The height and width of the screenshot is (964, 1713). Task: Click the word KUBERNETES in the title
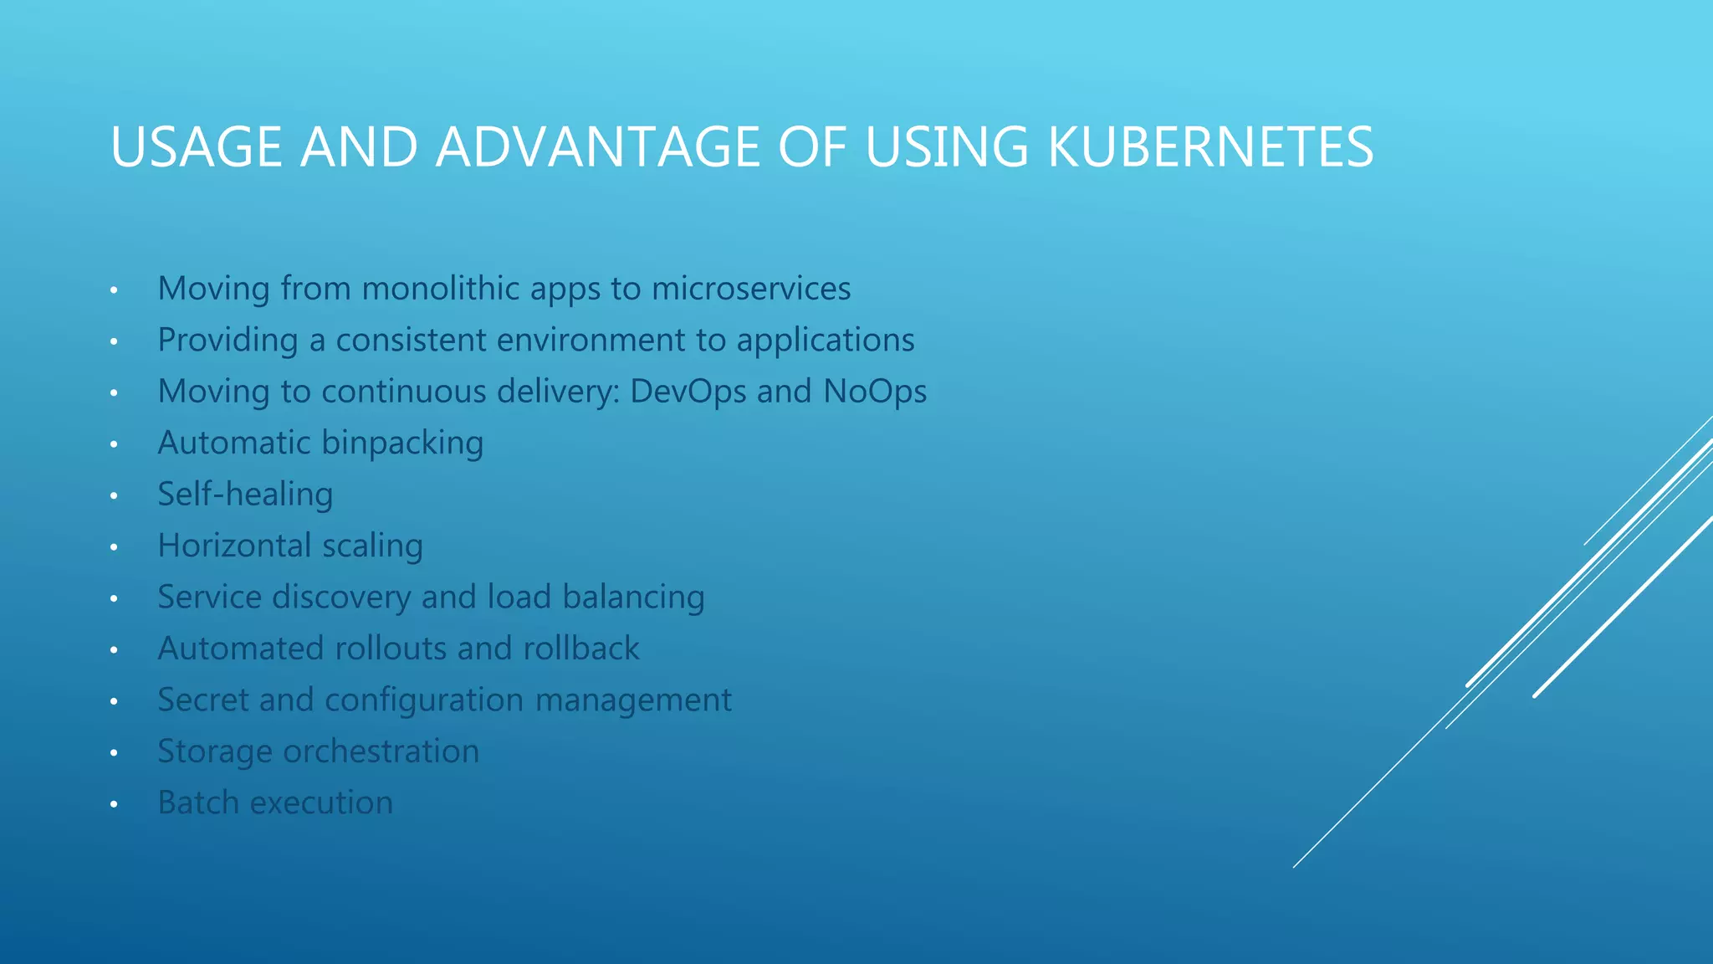pos(1210,147)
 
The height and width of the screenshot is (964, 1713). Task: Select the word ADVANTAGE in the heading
pos(598,147)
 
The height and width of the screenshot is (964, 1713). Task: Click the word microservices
pos(751,289)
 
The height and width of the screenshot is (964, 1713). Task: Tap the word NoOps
pos(875,392)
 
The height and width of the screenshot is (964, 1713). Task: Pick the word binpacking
pos(402,444)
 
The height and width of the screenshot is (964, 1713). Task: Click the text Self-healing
pos(245,495)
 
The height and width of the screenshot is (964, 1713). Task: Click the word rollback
pos(581,649)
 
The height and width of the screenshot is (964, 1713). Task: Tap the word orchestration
pos(381,751)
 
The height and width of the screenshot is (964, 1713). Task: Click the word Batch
pos(198,802)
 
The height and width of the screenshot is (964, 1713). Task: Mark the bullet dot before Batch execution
pos(114,805)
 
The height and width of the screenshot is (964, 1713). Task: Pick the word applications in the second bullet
pos(826,341)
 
